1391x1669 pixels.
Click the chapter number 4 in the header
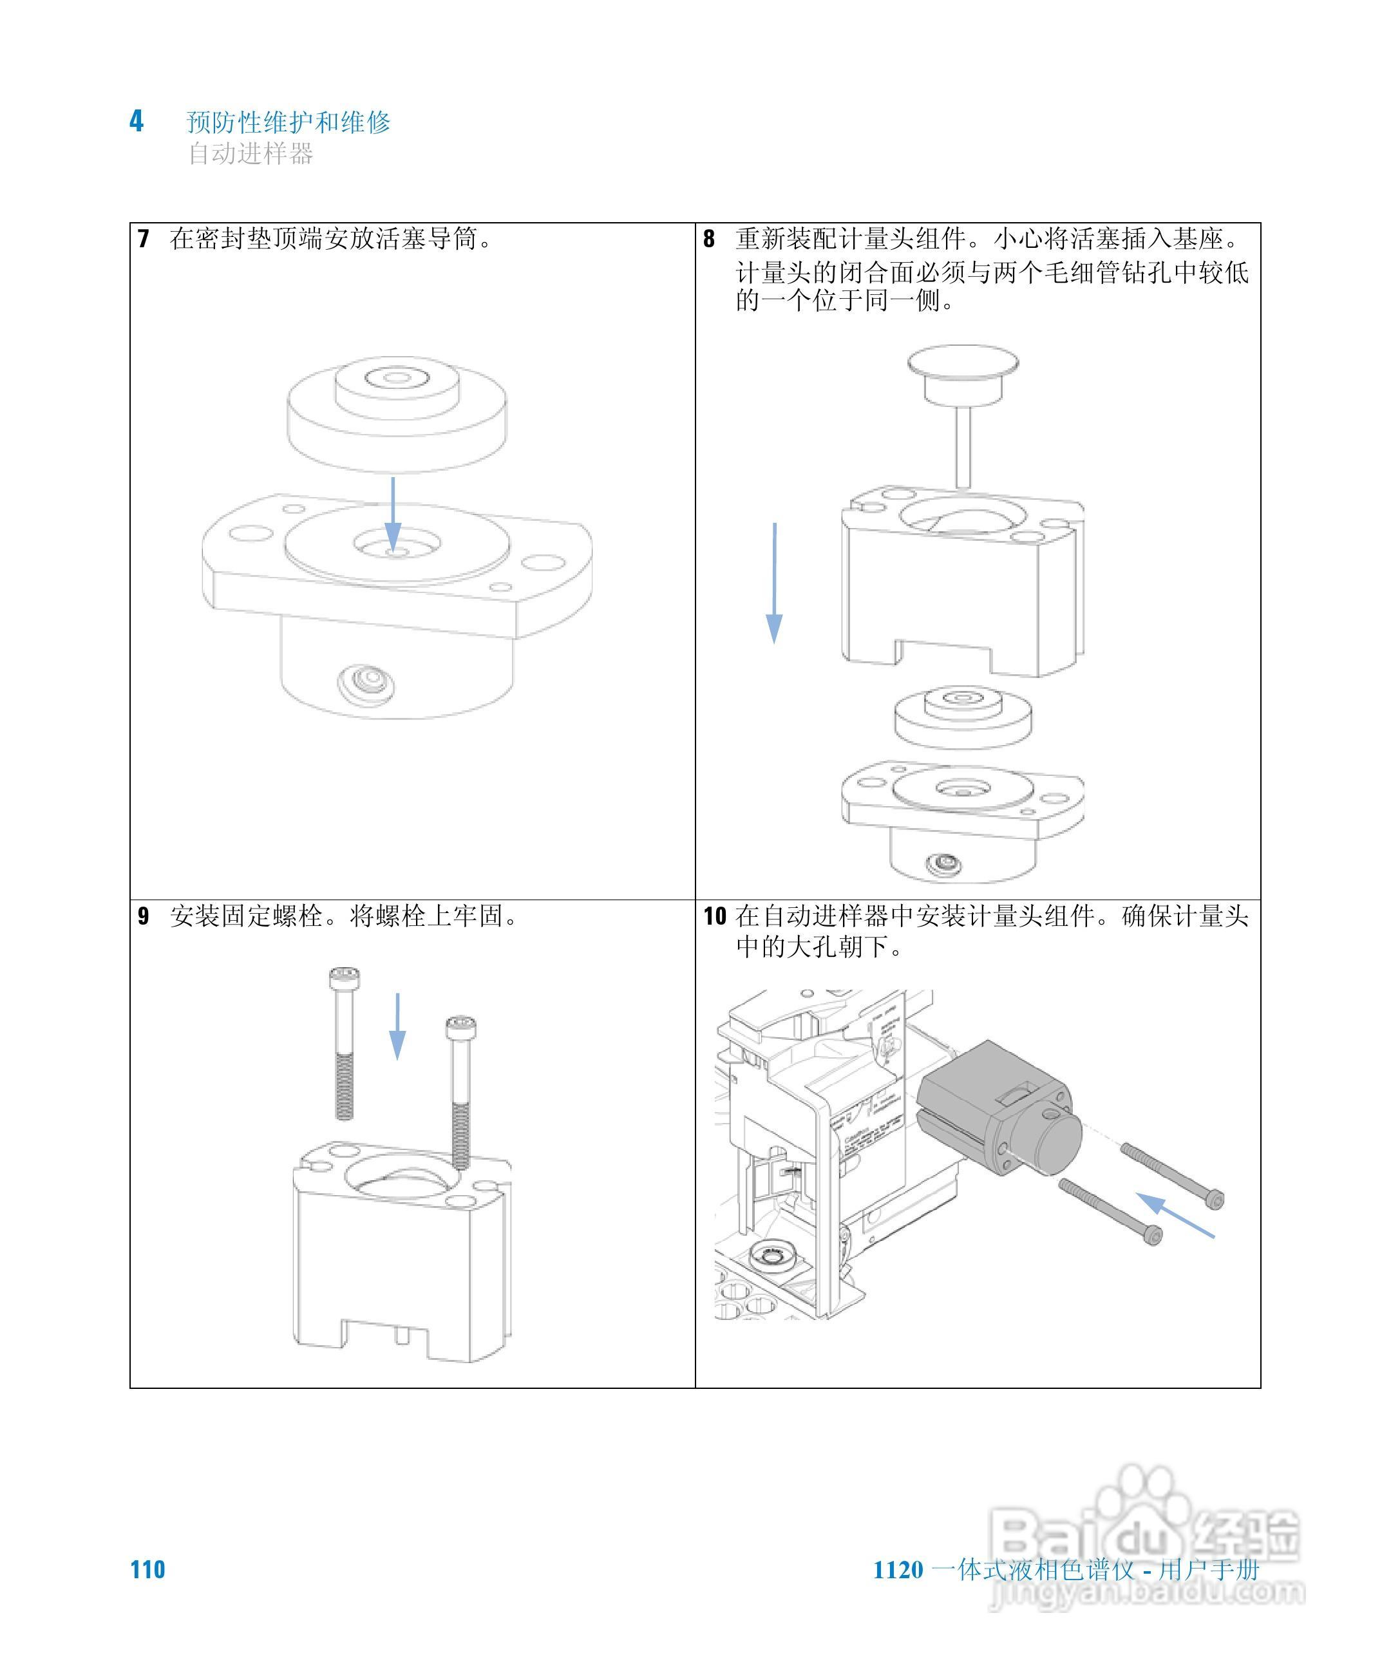coord(137,122)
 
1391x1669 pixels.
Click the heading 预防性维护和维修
coord(289,122)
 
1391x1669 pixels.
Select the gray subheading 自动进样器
coord(251,153)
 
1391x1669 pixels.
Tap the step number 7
coord(143,238)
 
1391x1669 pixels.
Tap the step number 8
coord(708,238)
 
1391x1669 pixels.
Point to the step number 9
coord(143,916)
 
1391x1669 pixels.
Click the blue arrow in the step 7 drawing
coord(393,513)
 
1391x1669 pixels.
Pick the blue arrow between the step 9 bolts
coord(397,1026)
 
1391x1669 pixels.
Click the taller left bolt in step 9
coord(343,1041)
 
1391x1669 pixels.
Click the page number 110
coord(148,1570)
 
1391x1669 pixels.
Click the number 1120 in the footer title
coord(898,1570)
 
